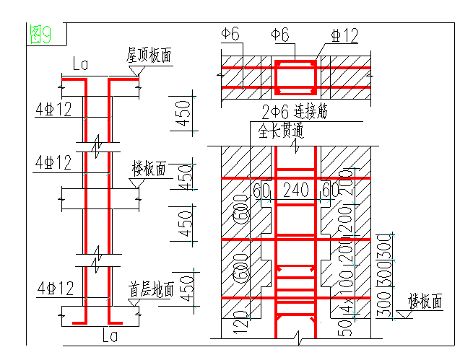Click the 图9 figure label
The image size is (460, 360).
[40, 33]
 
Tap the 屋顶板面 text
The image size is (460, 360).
[149, 56]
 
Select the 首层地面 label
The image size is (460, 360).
[151, 290]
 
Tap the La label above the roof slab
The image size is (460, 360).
[80, 66]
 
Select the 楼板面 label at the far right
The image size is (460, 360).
[425, 301]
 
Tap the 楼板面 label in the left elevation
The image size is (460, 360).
[149, 169]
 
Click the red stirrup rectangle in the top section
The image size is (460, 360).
[295, 77]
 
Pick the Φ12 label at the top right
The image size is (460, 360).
[344, 34]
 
